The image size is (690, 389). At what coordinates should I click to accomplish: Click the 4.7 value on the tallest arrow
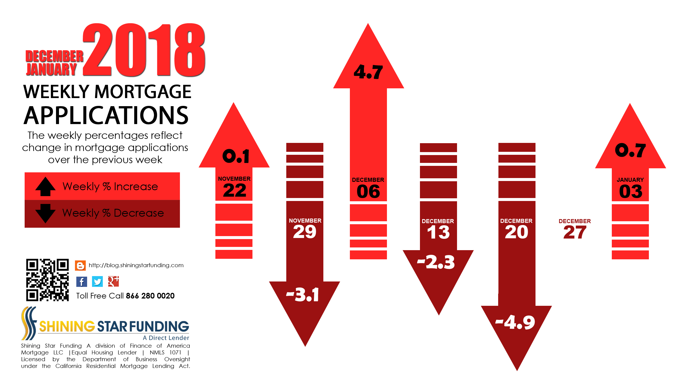(368, 72)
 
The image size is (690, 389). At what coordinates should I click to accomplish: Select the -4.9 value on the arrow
(515, 322)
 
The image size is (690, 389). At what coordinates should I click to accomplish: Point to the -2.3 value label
(436, 262)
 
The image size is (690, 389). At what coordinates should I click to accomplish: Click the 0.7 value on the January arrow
(630, 150)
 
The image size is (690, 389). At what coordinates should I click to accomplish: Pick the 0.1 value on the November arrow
(236, 156)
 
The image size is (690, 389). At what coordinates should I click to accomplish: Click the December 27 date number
(575, 232)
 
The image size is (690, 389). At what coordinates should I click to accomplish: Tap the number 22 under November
(235, 190)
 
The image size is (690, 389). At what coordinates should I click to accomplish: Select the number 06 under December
(368, 192)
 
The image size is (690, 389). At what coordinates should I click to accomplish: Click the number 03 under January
(631, 192)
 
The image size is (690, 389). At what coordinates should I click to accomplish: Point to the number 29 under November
(305, 232)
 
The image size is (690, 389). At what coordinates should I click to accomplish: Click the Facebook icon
(82, 282)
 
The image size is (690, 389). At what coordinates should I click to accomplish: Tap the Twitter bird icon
(97, 282)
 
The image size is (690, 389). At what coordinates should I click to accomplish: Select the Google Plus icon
(113, 281)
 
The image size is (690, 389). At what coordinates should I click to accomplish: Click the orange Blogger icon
(80, 266)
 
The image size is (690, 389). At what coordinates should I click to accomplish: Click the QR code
(47, 280)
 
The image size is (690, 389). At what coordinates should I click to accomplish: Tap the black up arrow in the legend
(45, 186)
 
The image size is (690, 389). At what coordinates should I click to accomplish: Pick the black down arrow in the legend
(45, 213)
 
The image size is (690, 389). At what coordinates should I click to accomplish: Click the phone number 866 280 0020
(150, 296)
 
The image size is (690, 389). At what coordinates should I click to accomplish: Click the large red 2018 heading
(144, 50)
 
